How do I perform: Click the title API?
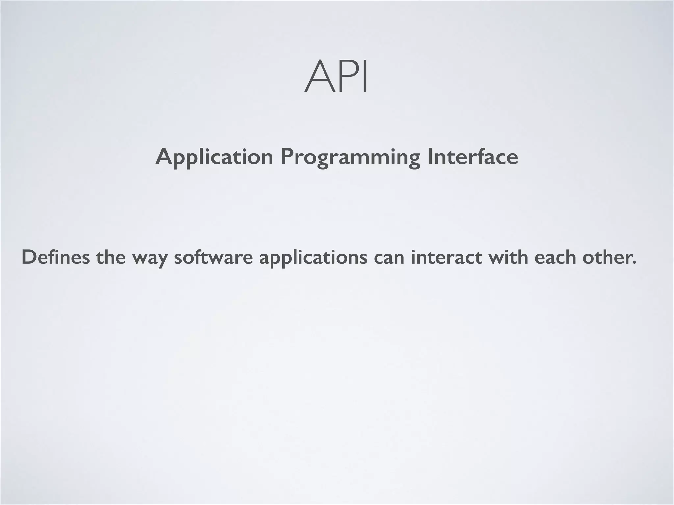coord(336,77)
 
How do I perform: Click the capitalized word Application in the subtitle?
coord(214,157)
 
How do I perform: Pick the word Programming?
coord(350,157)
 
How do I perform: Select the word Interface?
coord(473,156)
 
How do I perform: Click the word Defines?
coord(55,257)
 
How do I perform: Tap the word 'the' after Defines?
coord(111,257)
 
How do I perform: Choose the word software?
coord(213,257)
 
